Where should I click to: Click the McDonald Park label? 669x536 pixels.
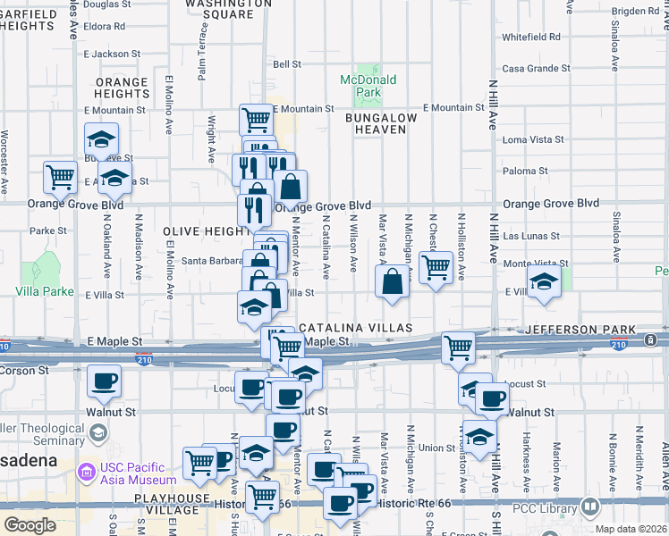tap(368, 86)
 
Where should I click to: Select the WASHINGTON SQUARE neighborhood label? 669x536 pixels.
tap(228, 9)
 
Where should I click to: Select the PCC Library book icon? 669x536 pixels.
tap(590, 508)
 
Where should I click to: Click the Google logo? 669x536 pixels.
tap(30, 525)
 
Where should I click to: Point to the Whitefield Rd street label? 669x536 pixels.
tap(530, 38)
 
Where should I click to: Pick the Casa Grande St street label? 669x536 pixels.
tap(536, 68)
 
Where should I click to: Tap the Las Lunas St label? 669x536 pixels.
tap(530, 237)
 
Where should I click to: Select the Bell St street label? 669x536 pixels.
tap(286, 64)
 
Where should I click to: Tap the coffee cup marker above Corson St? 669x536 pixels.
tap(105, 381)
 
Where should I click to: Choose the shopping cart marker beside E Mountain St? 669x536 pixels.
tap(256, 119)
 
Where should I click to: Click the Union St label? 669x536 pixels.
tap(436, 448)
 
